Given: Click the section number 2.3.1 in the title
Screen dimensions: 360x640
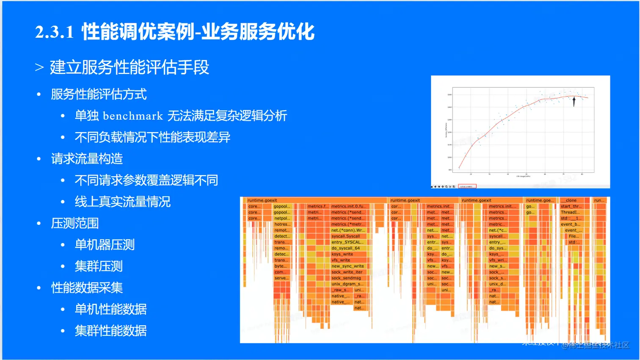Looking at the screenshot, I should click(55, 32).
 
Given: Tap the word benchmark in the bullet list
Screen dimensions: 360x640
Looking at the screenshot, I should click(132, 116).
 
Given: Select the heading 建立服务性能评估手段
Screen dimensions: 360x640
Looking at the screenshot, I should click(129, 67).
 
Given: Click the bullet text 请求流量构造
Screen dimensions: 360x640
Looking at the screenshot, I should click(87, 159).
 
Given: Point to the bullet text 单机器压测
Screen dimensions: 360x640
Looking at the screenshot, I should click(105, 245).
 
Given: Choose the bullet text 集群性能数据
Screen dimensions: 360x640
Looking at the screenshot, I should click(110, 331).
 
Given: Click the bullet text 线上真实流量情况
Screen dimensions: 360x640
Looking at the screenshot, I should click(122, 202).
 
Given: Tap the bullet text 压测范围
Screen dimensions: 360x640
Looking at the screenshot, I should click(75, 223).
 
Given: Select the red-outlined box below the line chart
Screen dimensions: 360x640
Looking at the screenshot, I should click(467, 186).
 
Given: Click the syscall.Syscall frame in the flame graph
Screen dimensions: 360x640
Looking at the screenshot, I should click(346, 236).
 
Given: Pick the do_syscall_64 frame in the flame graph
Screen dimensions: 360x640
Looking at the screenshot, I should click(345, 248).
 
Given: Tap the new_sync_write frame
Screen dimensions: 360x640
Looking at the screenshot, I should click(348, 266).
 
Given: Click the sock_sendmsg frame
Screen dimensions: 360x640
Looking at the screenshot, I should click(346, 278).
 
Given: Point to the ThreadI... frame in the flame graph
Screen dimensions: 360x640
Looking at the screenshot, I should click(570, 212).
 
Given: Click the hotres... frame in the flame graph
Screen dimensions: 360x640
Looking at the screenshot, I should click(281, 224).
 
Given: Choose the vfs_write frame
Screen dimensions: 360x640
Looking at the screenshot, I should click(341, 260).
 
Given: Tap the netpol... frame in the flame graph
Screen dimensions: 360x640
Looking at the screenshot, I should click(281, 219).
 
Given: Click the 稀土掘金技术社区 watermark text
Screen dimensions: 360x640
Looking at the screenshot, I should click(599, 345).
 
